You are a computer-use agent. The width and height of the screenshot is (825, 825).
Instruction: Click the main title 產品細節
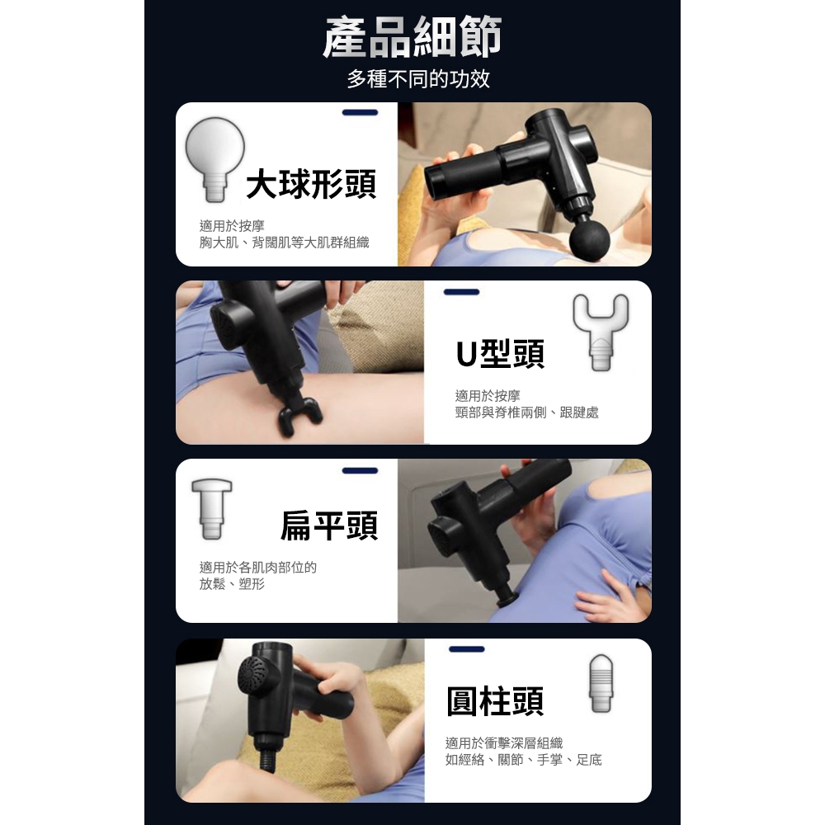pos(412,39)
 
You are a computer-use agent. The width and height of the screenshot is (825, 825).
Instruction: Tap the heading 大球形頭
pos(311,184)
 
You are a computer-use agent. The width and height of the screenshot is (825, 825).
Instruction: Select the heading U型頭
pos(500,354)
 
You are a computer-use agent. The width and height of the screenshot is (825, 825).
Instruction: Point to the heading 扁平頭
pos(329,526)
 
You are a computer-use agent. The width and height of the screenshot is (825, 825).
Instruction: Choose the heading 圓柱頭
pos(495,701)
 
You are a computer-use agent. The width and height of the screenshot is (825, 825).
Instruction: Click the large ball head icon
pos(214,157)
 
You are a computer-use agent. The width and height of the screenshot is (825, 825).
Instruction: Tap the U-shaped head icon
pos(601,330)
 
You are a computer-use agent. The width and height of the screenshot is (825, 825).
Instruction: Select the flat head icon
pos(211,507)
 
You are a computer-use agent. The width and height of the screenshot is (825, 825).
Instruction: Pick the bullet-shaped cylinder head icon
pos(601,683)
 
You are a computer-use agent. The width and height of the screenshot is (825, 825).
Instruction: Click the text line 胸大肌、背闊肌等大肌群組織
pos(284,242)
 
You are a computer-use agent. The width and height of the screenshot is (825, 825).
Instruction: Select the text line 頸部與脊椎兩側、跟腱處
pos(526,412)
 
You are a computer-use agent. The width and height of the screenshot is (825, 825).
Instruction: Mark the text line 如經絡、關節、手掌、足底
pos(523,759)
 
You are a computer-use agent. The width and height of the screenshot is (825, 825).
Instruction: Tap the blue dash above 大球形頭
pos(360,112)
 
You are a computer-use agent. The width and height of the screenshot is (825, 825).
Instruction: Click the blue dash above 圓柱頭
pos(466,649)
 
